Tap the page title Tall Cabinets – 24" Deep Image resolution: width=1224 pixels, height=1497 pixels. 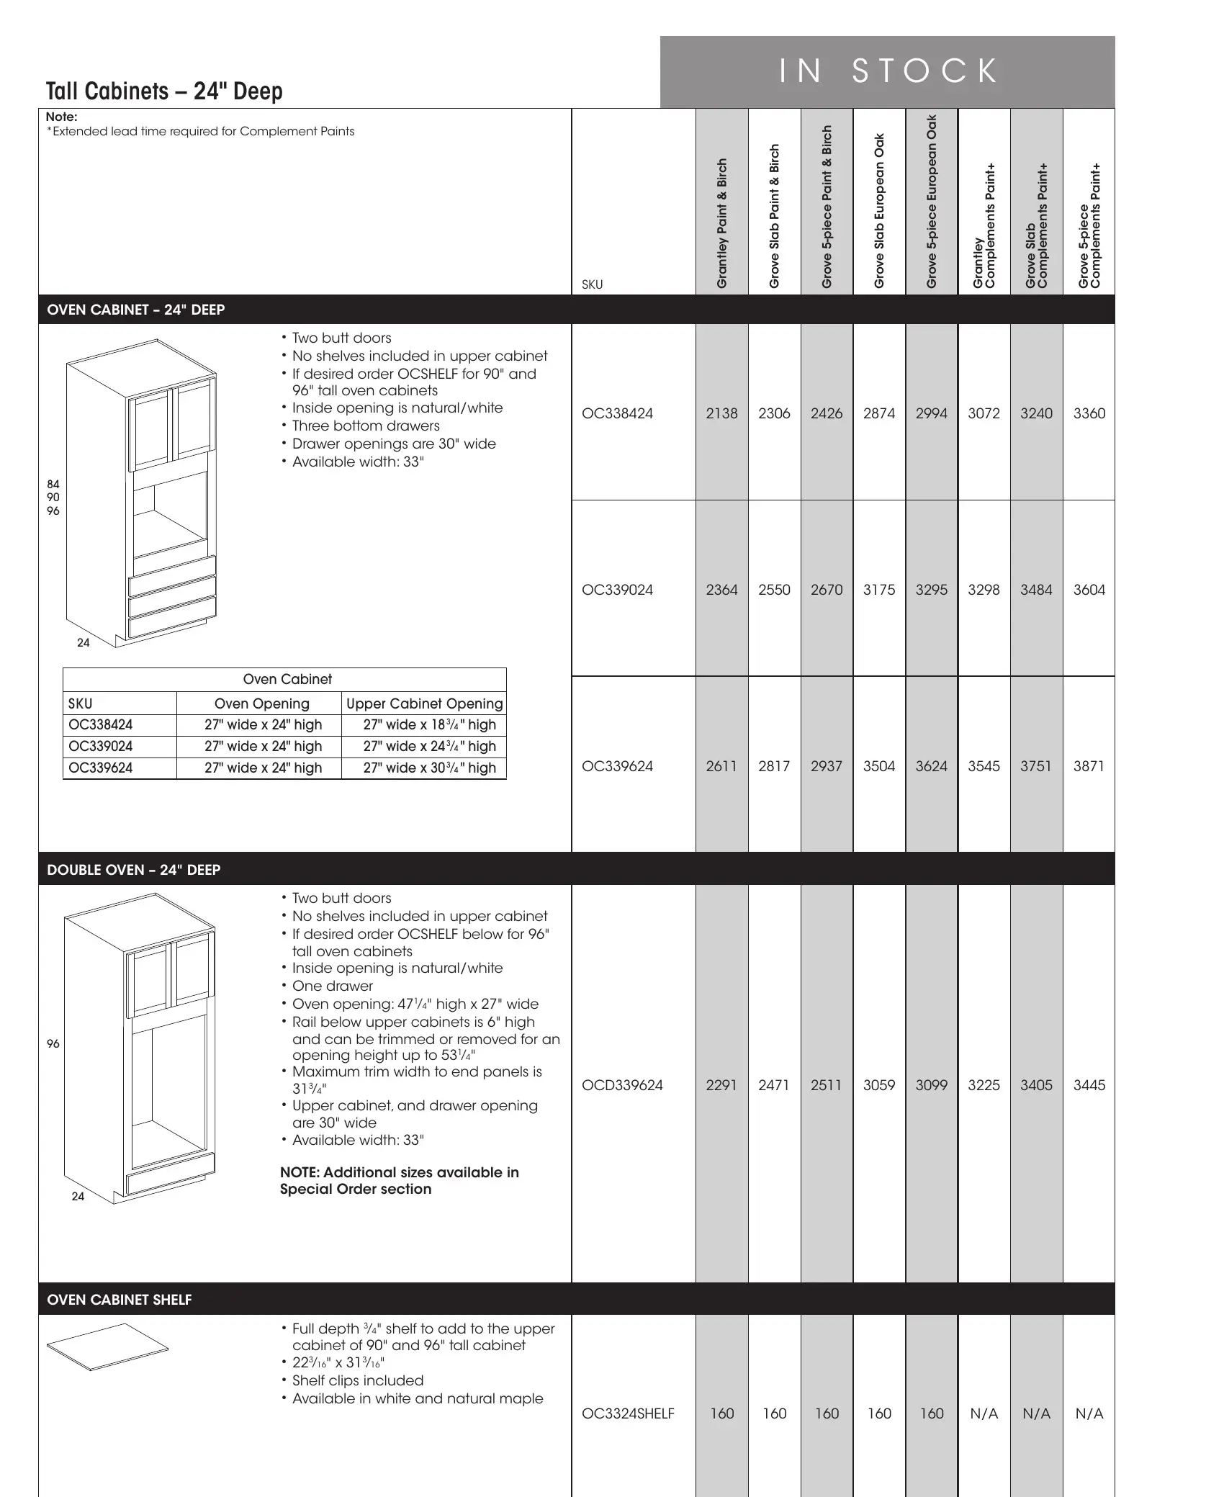point(164,91)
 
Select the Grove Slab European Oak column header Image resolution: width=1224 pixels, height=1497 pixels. point(879,211)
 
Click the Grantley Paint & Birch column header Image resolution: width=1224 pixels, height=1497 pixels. point(722,223)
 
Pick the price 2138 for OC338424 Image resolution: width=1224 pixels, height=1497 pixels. point(721,413)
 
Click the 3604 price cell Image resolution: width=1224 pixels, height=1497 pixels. point(1089,590)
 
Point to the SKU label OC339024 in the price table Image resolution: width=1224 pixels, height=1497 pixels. point(617,590)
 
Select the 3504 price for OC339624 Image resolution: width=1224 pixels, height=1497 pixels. point(879,766)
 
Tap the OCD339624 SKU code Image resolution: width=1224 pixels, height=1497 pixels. point(622,1085)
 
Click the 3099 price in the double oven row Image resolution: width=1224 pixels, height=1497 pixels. point(932,1085)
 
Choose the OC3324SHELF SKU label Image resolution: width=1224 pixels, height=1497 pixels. point(628,1413)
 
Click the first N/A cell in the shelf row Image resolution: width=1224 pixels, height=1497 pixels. point(984,1413)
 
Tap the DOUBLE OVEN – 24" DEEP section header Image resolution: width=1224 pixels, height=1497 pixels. point(134,870)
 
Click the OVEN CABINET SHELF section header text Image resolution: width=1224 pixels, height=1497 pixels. point(120,1300)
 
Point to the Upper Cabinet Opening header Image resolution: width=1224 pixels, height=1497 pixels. point(424,703)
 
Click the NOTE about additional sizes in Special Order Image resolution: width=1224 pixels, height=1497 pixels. point(399,1180)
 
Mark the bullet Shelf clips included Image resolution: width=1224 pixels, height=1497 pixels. point(357,1380)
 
